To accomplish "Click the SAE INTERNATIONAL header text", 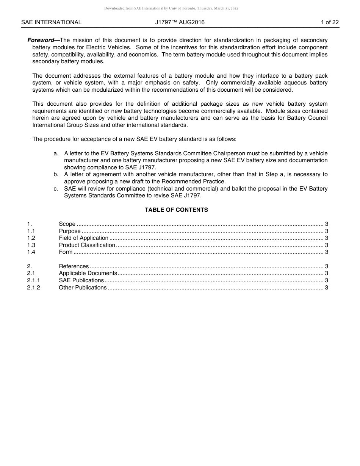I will (x=51, y=22).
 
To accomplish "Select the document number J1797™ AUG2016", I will (x=180, y=22).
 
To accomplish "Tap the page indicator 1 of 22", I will (x=330, y=22).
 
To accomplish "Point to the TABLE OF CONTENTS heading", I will (x=176, y=210).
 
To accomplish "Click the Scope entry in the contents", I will (x=67, y=224).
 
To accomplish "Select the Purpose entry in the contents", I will (x=70, y=231).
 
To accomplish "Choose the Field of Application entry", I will (x=83, y=238).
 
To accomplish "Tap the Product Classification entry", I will (x=87, y=245).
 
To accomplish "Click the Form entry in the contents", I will (x=66, y=252).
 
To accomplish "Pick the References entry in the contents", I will (x=74, y=266).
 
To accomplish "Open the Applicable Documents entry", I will (x=88, y=273).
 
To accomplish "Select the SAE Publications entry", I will (x=81, y=280).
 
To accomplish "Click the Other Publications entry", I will (x=83, y=288).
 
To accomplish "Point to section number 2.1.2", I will (x=33, y=288).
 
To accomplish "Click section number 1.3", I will (x=31, y=245).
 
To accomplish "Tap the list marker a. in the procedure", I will (x=56, y=153).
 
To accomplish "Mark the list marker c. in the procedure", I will (x=56, y=189).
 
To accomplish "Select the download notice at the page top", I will (x=171, y=8).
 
